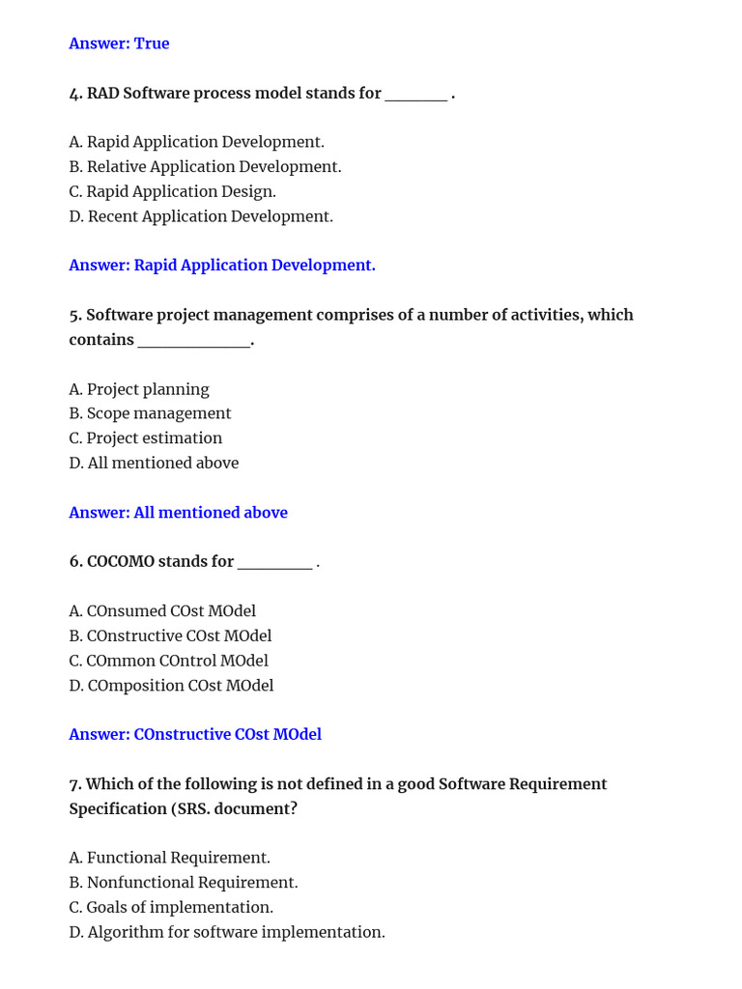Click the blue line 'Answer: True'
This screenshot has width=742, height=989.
pyautogui.click(x=119, y=43)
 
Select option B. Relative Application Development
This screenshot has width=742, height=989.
pyautogui.click(x=205, y=167)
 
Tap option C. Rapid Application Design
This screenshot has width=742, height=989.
pyautogui.click(x=172, y=191)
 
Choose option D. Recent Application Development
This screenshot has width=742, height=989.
pyautogui.click(x=201, y=216)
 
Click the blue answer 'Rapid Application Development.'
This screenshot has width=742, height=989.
pyautogui.click(x=254, y=266)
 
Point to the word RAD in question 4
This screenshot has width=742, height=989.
pyautogui.click(x=103, y=94)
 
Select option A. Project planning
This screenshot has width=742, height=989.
pyautogui.click(x=139, y=389)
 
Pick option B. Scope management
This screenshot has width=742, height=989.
pyautogui.click(x=150, y=413)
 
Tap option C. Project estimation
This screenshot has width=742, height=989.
pyautogui.click(x=145, y=438)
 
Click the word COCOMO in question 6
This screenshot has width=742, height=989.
pyautogui.click(x=121, y=562)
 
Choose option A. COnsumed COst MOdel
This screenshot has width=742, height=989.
pyautogui.click(x=162, y=611)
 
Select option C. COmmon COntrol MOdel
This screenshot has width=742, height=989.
pyautogui.click(x=168, y=661)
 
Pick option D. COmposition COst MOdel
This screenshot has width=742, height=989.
pyautogui.click(x=171, y=686)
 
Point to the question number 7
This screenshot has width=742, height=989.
pyautogui.click(x=74, y=784)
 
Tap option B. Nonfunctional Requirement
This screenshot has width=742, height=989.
pyautogui.click(x=184, y=883)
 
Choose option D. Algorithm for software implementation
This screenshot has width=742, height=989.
pyautogui.click(x=227, y=932)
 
